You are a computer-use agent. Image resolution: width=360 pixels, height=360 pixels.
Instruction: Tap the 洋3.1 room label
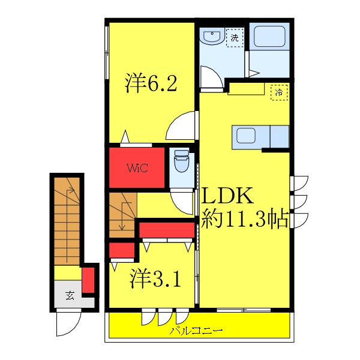[x=155, y=278]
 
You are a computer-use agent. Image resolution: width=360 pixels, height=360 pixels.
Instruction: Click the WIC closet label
[x=136, y=167]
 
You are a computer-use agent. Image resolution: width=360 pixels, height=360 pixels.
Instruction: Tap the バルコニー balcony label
[x=196, y=331]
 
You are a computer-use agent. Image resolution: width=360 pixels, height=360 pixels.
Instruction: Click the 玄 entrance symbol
[x=70, y=295]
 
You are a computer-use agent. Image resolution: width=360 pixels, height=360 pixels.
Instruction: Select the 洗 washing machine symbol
[x=235, y=38]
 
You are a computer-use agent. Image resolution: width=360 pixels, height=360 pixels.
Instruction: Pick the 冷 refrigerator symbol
[x=278, y=92]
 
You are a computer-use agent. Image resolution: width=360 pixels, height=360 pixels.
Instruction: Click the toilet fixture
[x=181, y=162]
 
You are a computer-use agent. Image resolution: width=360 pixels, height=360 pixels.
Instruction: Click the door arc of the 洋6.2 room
[x=181, y=125]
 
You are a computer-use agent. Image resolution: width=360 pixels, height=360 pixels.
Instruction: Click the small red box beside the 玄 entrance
[x=88, y=280]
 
